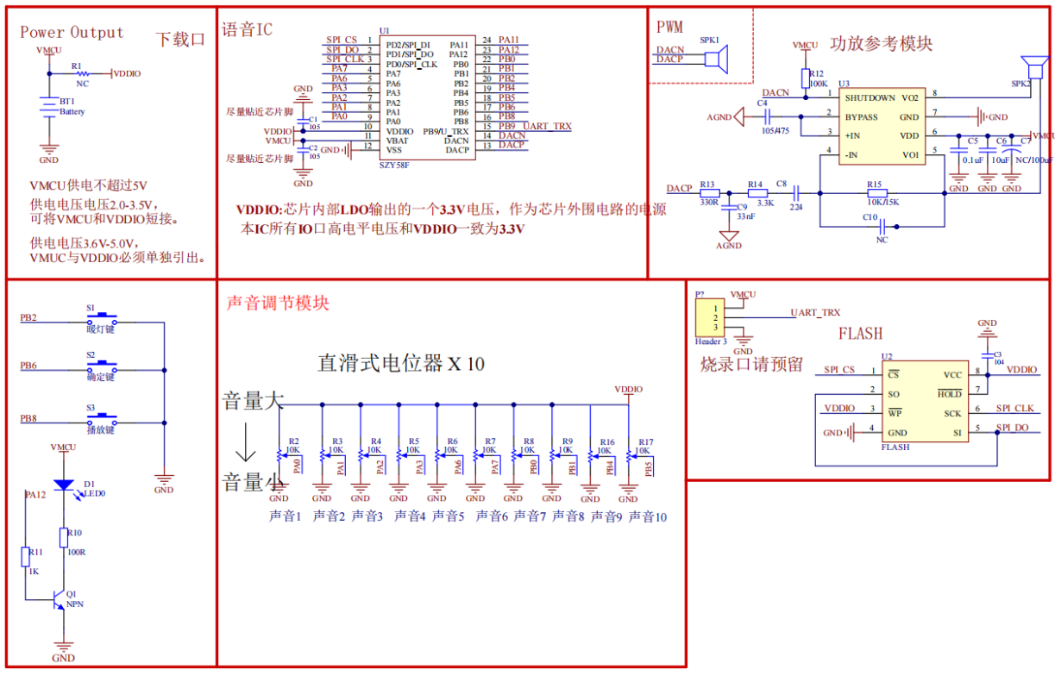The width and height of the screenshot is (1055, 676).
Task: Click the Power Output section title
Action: coord(72,33)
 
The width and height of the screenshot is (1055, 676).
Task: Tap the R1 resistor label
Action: coord(77,66)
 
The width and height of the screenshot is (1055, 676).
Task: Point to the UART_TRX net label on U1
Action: coord(547,127)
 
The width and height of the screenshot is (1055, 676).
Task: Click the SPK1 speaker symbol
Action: coord(713,59)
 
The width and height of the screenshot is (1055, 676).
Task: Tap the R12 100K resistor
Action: coord(805,78)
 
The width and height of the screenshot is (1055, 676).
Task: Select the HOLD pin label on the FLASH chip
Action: coord(950,394)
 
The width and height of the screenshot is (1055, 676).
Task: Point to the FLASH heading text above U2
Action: coord(860,334)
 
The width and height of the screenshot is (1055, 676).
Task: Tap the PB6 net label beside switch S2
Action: coord(28,366)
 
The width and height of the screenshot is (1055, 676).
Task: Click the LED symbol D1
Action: coord(63,485)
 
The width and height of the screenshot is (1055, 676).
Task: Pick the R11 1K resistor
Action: coord(25,557)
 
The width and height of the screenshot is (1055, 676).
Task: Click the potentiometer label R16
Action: coord(607,441)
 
